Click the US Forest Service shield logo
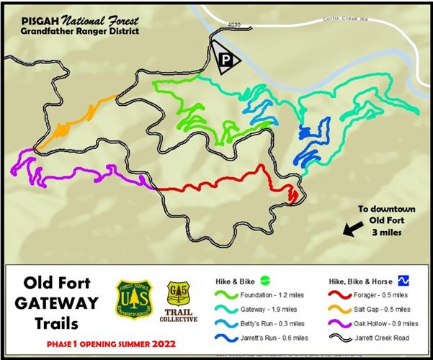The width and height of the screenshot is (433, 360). coord(133,300)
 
